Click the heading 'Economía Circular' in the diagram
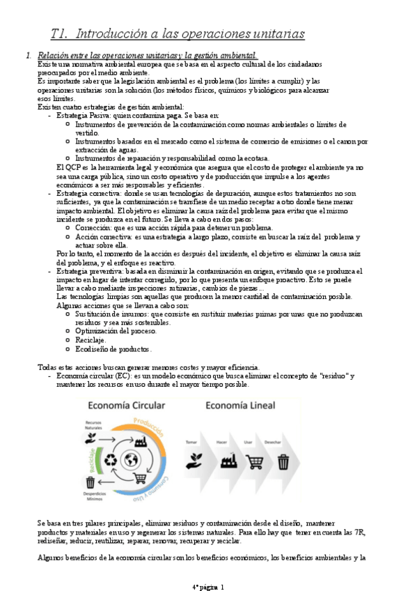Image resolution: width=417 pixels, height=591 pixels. point(125,406)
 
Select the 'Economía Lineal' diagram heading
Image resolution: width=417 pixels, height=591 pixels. point(241,406)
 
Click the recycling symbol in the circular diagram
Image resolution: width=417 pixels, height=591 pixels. point(109,460)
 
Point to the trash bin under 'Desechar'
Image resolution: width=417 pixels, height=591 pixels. point(283,461)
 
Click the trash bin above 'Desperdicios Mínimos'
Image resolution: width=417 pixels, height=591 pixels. point(91,482)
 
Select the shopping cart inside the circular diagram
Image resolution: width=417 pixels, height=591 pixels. point(140,478)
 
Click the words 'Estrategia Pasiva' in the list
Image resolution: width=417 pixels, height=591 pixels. point(86,114)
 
